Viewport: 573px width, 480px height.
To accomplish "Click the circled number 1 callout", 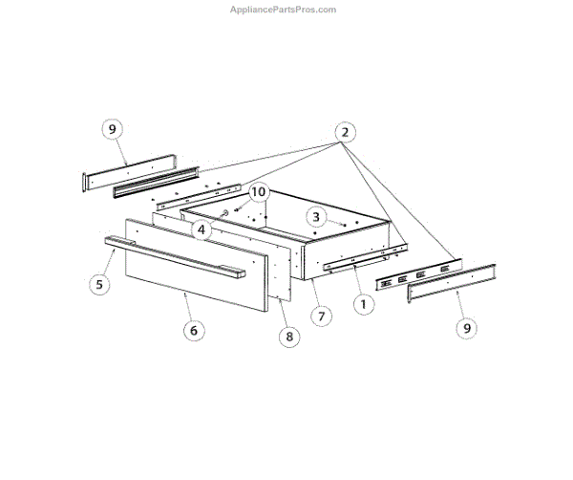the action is point(363,305).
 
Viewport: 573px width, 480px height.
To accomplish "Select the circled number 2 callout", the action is point(345,133).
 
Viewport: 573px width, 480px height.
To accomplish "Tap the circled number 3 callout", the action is point(316,217).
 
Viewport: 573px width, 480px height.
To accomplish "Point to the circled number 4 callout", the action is point(200,229).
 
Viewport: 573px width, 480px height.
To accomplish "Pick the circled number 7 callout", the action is point(322,315).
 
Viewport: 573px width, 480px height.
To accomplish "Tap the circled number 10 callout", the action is point(257,191).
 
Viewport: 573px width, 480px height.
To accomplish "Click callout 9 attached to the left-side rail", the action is point(112,128).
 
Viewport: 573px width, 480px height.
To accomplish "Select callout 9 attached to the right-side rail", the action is point(467,328).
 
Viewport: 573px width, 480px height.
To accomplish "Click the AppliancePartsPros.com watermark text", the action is point(284,10).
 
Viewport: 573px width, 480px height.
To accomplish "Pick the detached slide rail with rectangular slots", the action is point(418,273).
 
